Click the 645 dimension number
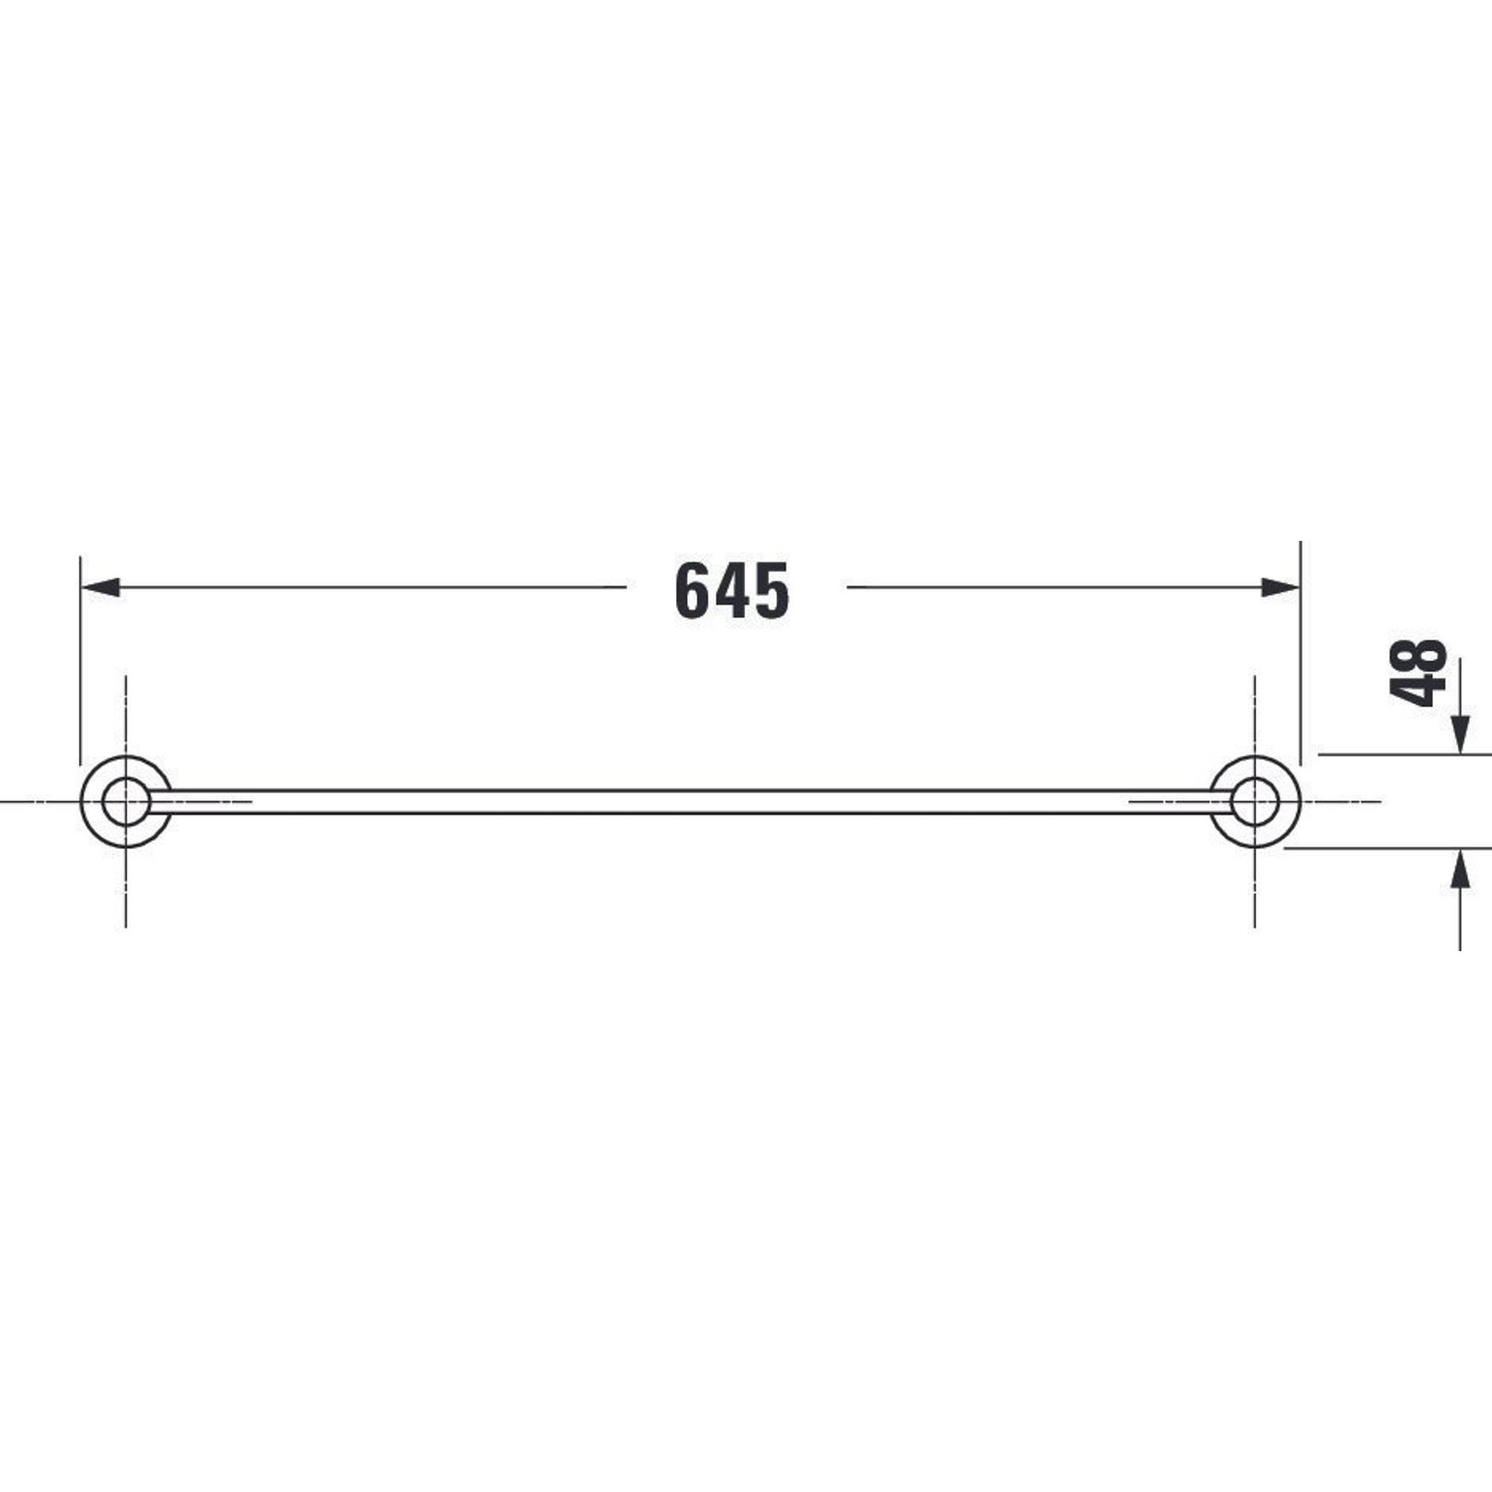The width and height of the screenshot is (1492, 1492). (x=731, y=590)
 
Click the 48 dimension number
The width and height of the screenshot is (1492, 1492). (x=1418, y=673)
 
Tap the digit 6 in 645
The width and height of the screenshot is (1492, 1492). (x=693, y=590)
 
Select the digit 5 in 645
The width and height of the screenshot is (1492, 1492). (x=771, y=590)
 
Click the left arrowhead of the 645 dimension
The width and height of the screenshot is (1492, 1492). (x=101, y=587)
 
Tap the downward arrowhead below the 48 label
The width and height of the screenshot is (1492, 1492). (x=1460, y=734)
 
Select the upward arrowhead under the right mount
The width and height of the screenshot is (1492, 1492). (x=1460, y=869)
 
